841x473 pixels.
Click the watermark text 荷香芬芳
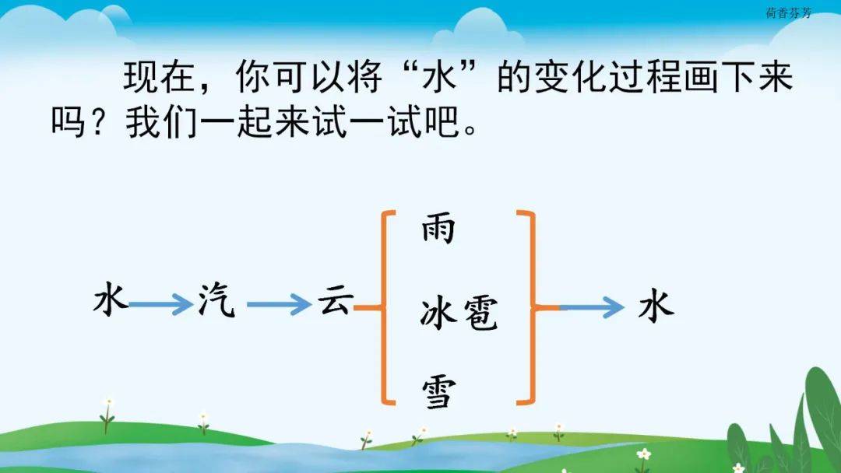click(x=788, y=13)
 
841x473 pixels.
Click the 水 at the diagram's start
click(x=111, y=300)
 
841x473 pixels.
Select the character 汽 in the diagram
click(x=216, y=300)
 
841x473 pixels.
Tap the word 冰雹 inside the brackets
click(x=459, y=313)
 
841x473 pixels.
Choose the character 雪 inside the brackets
click(x=438, y=392)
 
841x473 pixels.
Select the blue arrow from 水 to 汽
click(x=160, y=305)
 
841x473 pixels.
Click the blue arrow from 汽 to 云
click(x=280, y=305)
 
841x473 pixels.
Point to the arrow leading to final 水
click(x=592, y=307)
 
